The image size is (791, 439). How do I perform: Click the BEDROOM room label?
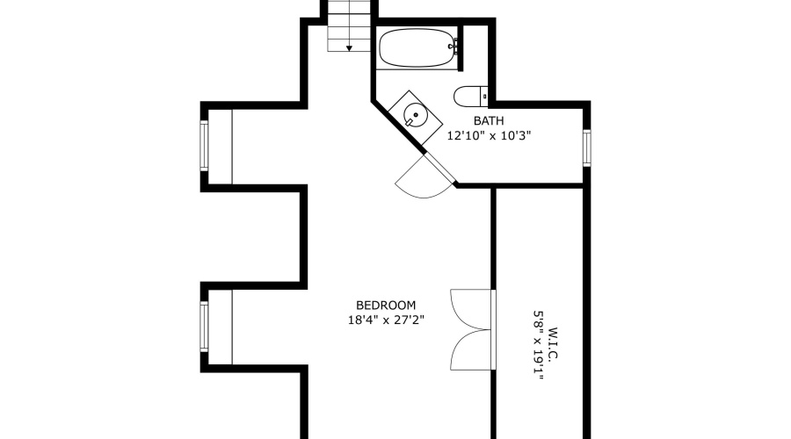coord(386,306)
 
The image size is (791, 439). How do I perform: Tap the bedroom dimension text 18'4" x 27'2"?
coord(386,320)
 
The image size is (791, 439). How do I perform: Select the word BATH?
coord(489,121)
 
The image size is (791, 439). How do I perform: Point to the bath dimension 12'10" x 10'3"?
coord(490,136)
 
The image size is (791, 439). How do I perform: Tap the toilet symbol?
coord(470,96)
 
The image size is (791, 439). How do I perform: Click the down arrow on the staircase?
coord(349,47)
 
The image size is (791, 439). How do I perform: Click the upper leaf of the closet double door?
coord(471,309)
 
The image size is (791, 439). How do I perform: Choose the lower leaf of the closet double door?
coord(471,349)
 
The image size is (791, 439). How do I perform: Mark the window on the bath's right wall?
coord(586,147)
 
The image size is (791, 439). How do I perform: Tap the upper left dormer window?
coord(204,146)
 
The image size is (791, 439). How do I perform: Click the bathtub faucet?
coord(454,45)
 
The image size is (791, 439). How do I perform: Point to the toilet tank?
coord(483,96)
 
